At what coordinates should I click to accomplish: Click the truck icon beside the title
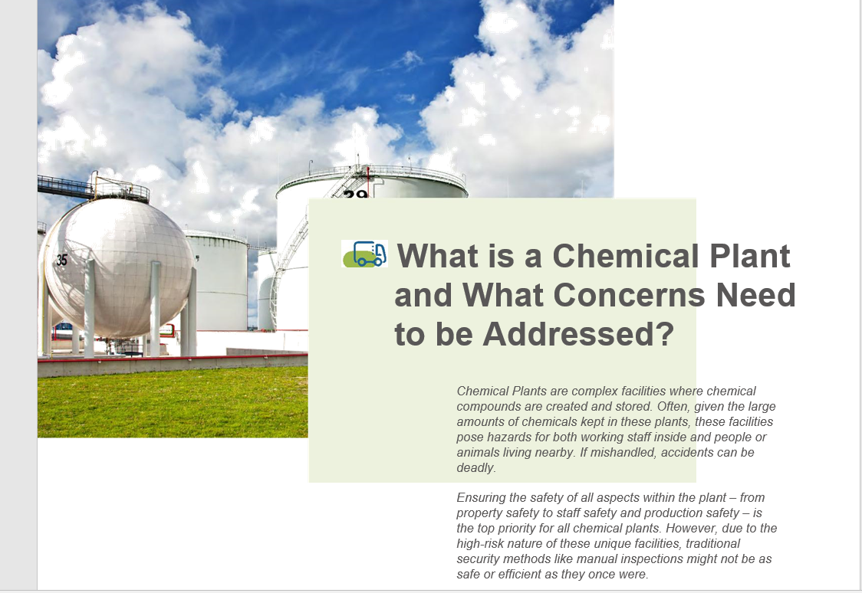[x=364, y=254]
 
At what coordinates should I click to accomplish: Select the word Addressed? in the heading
[x=578, y=334]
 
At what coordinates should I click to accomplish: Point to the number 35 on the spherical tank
[x=61, y=260]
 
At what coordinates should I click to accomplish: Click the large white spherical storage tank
[x=117, y=267]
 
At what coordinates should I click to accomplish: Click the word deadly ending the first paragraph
[x=475, y=468]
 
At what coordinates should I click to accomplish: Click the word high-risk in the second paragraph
[x=480, y=544]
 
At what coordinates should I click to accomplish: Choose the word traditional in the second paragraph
[x=712, y=544]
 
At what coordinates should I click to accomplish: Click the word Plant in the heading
[x=750, y=257]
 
